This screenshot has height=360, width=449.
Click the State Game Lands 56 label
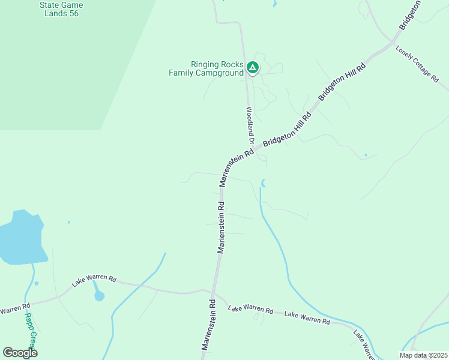[61, 9]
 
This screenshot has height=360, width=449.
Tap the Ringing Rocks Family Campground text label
[206, 68]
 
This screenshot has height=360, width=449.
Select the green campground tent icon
[253, 68]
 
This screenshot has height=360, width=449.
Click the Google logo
[20, 353]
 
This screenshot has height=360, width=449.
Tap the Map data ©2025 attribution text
[423, 355]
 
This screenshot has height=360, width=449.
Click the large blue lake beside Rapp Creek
[22, 237]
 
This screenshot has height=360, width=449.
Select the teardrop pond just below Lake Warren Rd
[99, 295]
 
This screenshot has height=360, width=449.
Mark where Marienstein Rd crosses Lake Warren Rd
[214, 294]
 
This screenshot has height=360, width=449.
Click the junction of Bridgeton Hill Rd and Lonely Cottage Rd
[393, 43]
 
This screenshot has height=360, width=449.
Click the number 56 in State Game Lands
[73, 13]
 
